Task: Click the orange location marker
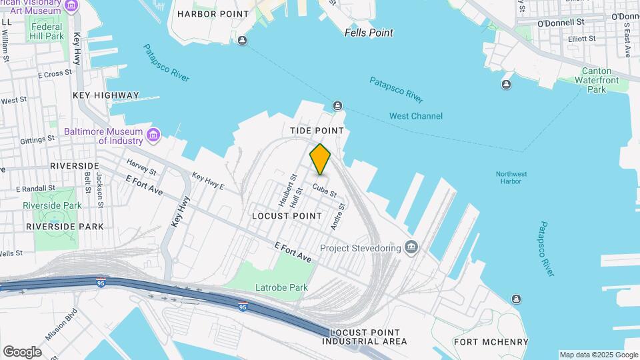(x=320, y=159)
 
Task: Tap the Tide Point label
(x=317, y=131)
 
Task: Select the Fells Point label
(x=369, y=33)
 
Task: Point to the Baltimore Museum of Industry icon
(x=154, y=136)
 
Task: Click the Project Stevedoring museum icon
(x=411, y=248)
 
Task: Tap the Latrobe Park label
(x=281, y=288)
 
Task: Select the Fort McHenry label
(x=491, y=342)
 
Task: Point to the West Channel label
(x=416, y=116)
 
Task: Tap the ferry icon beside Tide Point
(x=337, y=106)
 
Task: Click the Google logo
(x=22, y=351)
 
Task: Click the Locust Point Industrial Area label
(x=364, y=337)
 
